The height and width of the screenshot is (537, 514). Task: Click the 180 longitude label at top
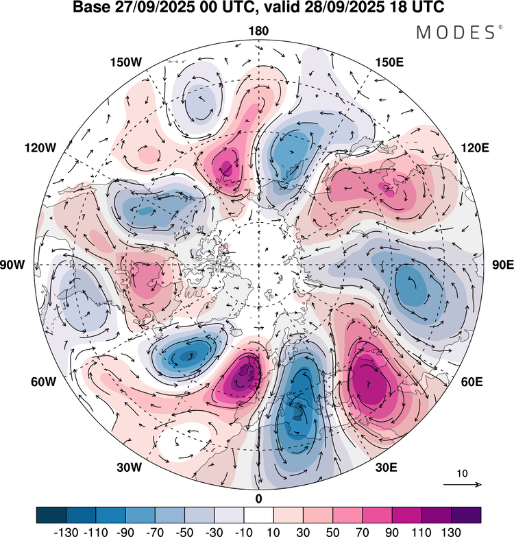point(258,31)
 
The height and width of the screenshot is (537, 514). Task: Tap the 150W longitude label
point(126,62)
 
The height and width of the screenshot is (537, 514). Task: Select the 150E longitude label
point(389,62)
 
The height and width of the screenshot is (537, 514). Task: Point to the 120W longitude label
point(40,148)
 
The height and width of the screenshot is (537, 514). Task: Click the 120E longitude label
point(475,148)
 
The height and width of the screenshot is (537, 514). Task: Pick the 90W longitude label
point(12,265)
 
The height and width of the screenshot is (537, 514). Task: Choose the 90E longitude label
point(503,265)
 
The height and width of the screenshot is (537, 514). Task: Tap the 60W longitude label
point(43,382)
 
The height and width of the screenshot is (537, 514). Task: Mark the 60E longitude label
point(472,382)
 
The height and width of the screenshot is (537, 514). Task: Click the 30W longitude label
point(129,468)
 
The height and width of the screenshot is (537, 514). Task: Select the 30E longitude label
point(386,468)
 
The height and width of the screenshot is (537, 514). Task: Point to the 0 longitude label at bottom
point(258,499)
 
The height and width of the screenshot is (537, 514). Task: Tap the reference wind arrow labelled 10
point(463,484)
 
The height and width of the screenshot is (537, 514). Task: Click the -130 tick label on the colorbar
point(66,532)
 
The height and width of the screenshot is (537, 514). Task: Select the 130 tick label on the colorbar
point(451,532)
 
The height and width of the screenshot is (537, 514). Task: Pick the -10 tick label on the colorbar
point(243,532)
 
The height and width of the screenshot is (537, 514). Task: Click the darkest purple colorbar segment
point(466,515)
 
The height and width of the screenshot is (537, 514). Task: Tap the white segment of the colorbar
point(258,515)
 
